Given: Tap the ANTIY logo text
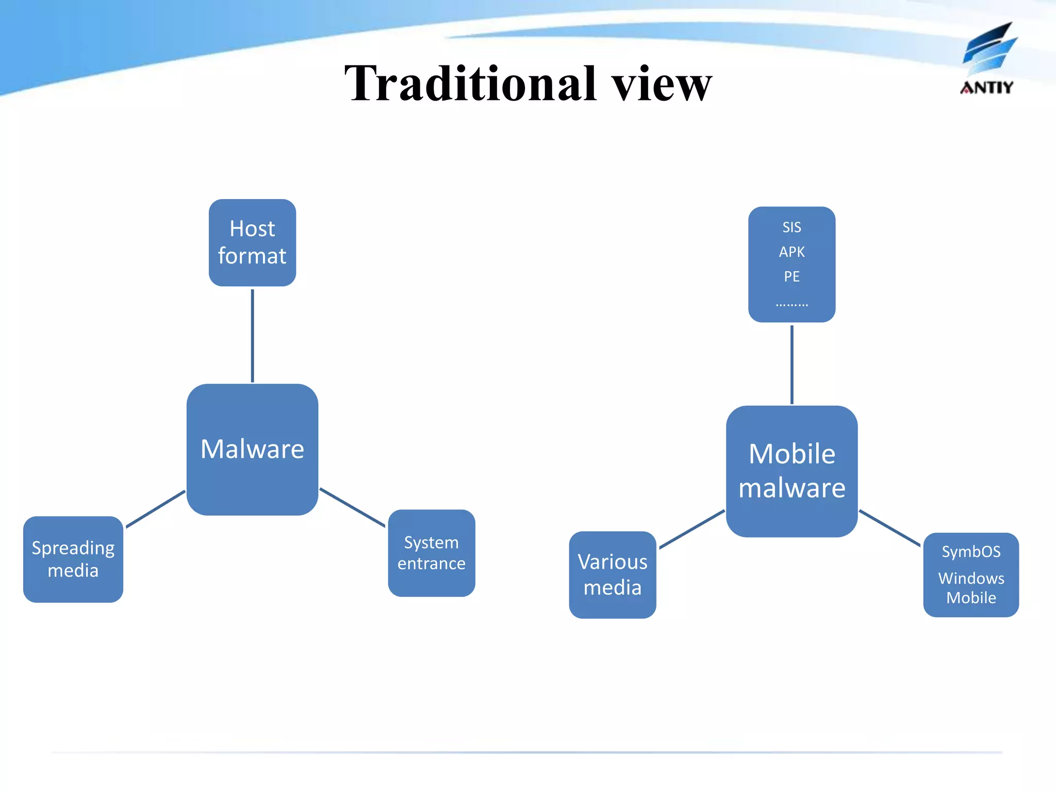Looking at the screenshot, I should pos(986,88).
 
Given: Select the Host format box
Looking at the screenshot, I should pos(252,242).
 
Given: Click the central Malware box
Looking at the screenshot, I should pos(252,449).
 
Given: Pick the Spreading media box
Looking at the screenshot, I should pos(73,559).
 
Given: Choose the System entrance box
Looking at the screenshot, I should pos(432,553).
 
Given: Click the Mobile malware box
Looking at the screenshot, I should pos(791,471).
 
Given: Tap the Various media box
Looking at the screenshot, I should pos(613,575).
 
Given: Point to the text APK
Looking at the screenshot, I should pos(791,252).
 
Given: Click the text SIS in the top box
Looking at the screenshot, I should pos(791,227).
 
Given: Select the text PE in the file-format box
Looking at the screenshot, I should pos(791,277).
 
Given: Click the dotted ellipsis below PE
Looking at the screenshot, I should pos(791,304).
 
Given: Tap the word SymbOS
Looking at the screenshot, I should pos(971,552).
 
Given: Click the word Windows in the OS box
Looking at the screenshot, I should pos(971,579).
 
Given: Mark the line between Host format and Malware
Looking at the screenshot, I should pos(252,335).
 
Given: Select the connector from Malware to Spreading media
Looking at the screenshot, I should pos(155,509).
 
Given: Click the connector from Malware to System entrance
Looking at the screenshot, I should pos(352,507).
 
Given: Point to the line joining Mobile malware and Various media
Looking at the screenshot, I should pos(692,530).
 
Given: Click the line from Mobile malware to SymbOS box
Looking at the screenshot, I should pos(889,528).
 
